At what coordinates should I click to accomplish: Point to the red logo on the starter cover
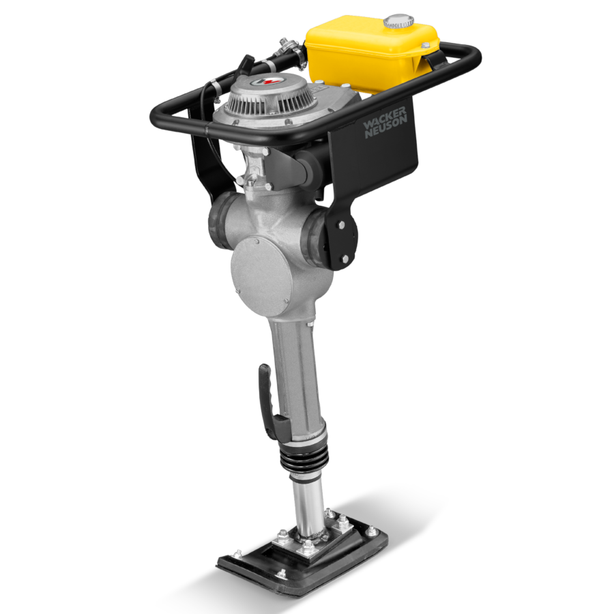263,82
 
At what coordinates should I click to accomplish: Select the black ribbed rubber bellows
303,453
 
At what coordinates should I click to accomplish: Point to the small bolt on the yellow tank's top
424,45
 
